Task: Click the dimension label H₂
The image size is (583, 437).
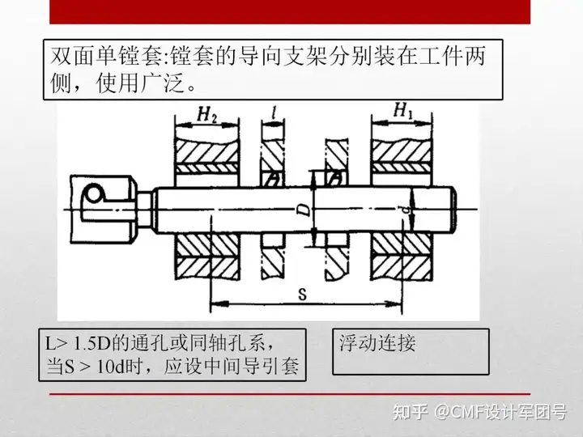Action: pos(206,114)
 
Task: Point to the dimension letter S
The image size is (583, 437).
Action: pos(302,295)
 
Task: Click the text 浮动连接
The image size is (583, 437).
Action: pos(378,343)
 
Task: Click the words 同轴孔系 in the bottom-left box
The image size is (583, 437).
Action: pos(226,343)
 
